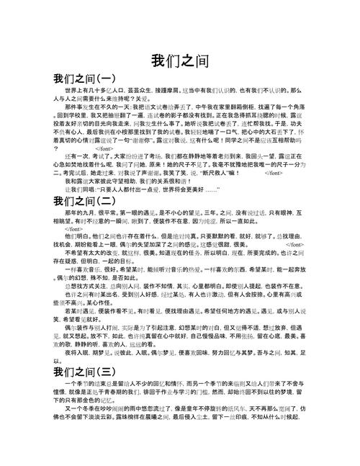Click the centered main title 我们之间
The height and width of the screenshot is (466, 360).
(180, 60)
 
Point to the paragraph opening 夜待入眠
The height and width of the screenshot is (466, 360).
(76, 375)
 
